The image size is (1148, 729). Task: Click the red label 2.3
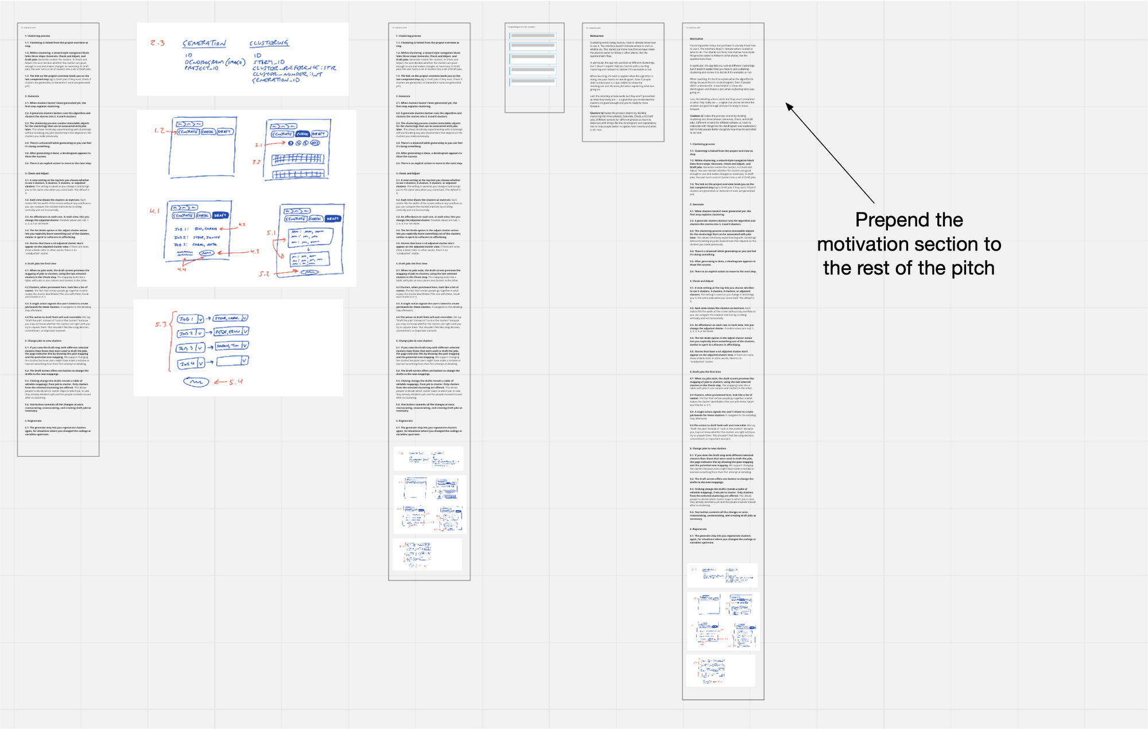point(157,43)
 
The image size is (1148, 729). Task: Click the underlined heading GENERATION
point(204,44)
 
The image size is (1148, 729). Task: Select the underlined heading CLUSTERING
point(269,43)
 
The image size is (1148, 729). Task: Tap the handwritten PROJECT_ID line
point(201,68)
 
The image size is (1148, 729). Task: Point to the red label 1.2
point(160,131)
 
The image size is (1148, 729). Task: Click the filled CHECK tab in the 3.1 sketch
point(302,134)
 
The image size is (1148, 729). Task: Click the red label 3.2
point(256,162)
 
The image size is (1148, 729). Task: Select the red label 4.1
point(154,211)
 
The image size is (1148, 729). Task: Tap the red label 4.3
point(254,252)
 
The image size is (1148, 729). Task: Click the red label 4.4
point(181,268)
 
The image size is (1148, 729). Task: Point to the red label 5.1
point(271,233)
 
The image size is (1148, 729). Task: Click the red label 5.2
point(263,274)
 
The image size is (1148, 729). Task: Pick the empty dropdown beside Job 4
point(232,361)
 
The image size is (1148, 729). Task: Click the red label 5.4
point(235,382)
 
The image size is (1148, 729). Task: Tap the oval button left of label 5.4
point(196,382)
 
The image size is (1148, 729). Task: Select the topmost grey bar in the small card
point(533,36)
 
